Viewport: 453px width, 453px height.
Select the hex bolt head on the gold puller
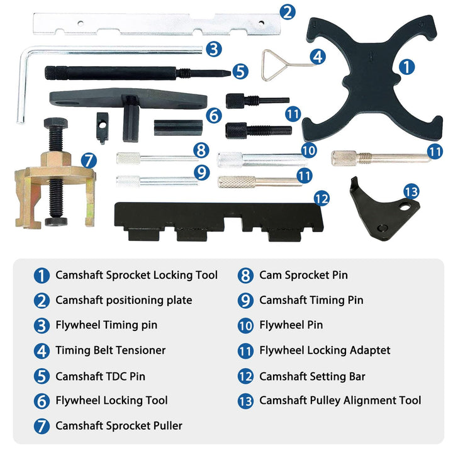(x=56, y=123)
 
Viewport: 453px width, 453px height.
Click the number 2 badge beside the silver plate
(x=288, y=12)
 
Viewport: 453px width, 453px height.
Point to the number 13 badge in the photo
(x=411, y=191)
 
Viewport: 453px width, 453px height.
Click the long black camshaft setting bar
(x=219, y=221)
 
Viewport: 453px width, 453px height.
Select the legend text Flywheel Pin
(x=291, y=325)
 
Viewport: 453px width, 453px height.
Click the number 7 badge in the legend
(x=42, y=426)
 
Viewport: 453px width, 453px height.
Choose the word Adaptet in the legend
(x=370, y=350)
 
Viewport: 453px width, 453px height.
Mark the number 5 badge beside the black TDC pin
(x=240, y=71)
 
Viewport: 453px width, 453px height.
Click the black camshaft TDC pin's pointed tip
(x=230, y=74)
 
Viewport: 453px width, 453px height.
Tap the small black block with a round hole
(x=103, y=127)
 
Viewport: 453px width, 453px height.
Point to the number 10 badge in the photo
(x=309, y=150)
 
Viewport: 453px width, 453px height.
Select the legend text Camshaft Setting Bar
(x=312, y=376)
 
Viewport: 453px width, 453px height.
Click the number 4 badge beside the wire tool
(x=318, y=57)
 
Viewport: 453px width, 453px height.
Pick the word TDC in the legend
(x=117, y=376)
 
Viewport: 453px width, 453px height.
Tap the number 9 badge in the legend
(x=245, y=301)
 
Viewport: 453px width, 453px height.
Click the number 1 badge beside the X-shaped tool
(x=407, y=67)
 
